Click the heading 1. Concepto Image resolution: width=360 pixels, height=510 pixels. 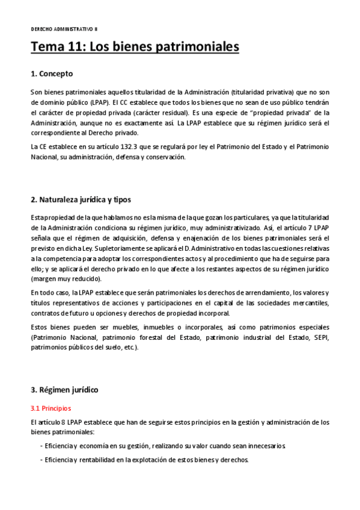click(x=52, y=74)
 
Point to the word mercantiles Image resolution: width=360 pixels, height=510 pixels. click(x=311, y=303)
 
